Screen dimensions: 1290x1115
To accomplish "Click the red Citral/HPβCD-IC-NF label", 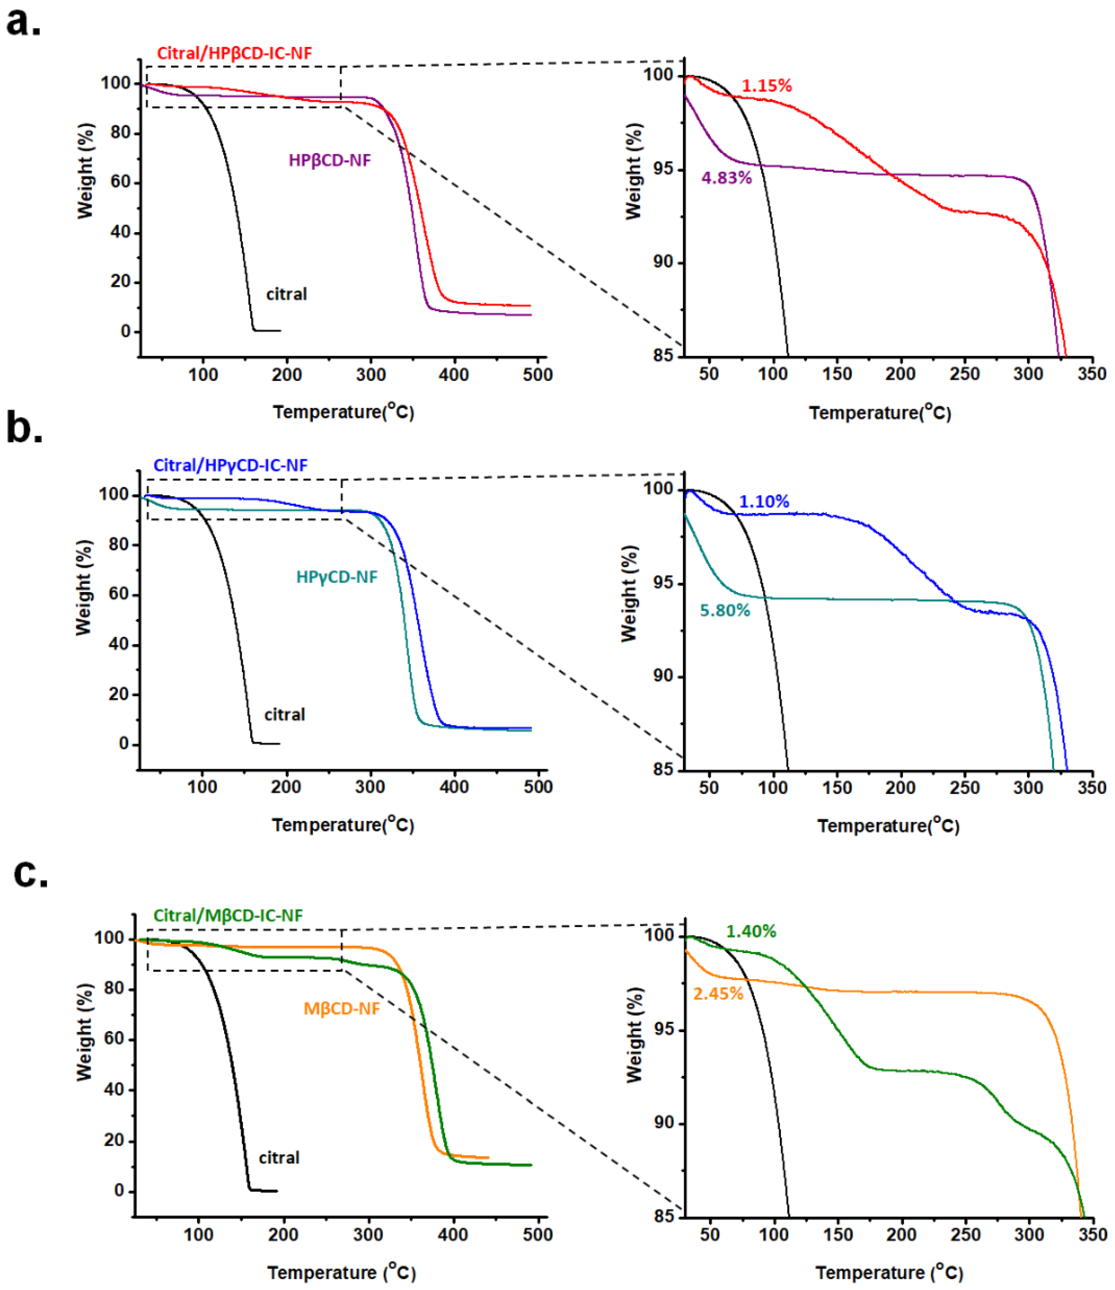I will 234,54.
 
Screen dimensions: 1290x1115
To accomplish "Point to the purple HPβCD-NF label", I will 329,161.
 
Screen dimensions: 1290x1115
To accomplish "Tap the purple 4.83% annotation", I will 726,178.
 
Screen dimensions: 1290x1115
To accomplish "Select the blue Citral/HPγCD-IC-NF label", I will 230,466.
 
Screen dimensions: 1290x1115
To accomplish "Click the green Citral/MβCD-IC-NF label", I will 228,916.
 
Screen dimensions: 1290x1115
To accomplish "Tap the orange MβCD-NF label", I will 341,1009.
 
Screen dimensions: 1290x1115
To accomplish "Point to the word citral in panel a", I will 287,294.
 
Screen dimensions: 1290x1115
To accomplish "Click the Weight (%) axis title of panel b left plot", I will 83,588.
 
